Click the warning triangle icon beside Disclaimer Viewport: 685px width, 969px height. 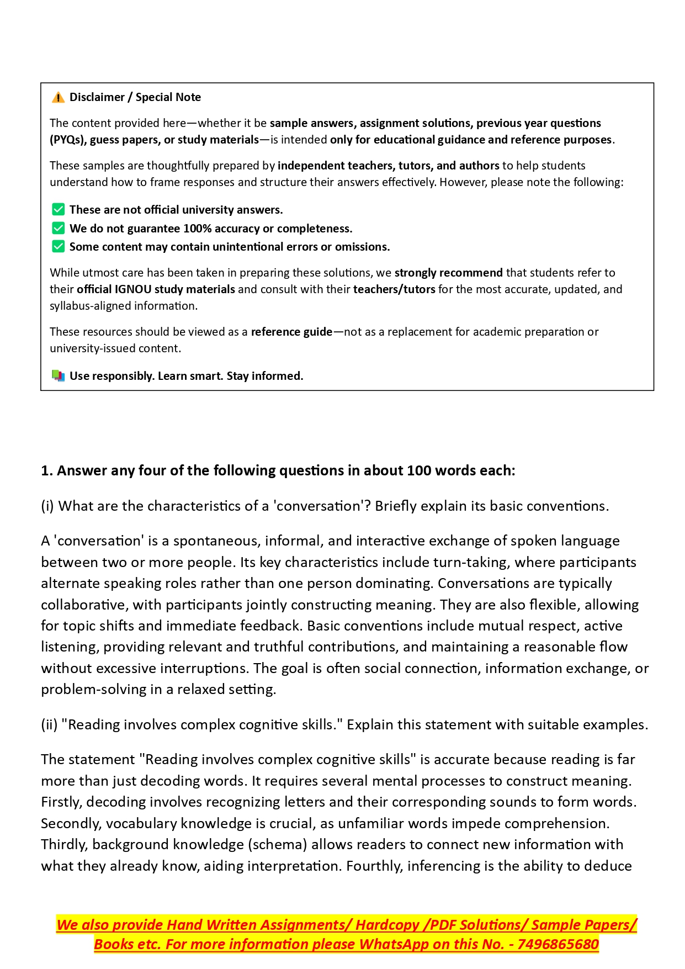[x=58, y=98]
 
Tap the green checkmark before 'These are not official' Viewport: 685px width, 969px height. [x=58, y=210]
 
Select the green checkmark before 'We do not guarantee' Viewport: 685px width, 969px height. [x=58, y=228]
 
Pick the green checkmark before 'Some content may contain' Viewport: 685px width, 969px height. [x=58, y=246]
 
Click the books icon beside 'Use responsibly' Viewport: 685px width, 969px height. [x=58, y=376]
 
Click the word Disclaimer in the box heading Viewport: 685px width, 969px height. [x=97, y=98]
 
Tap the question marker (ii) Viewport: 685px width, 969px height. [x=49, y=725]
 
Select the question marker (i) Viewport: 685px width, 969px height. [x=47, y=506]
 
